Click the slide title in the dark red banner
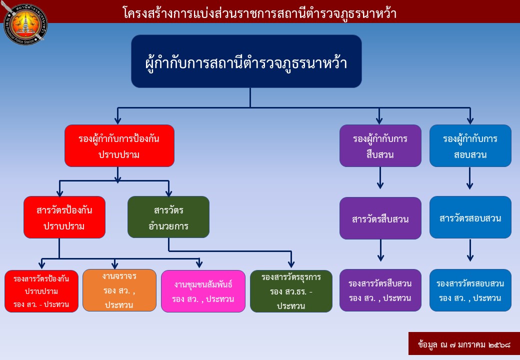pos(259,13)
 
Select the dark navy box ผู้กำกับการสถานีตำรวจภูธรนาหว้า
pos(246,61)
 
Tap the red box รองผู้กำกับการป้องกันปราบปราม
pos(119,145)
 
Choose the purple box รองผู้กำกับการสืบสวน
pos(380,145)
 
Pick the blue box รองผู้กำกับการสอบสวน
pos(470,145)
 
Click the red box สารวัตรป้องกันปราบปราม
pos(64,217)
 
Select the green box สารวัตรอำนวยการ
pos(168,217)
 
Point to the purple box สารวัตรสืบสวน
pos(380,218)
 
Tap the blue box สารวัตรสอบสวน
pos(470,217)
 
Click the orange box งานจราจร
pos(119,290)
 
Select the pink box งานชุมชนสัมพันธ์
pos(203,291)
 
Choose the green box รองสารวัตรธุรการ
pos(291,291)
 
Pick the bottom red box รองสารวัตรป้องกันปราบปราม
pos(41,291)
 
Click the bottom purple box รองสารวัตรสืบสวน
pos(380,290)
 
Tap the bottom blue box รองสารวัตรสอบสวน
pos(470,290)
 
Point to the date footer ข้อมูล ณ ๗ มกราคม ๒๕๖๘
pos(463,344)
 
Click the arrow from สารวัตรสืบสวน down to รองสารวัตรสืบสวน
pos(380,250)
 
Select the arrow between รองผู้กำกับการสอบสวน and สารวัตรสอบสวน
pos(469,178)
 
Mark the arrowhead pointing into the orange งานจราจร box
pos(115,265)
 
